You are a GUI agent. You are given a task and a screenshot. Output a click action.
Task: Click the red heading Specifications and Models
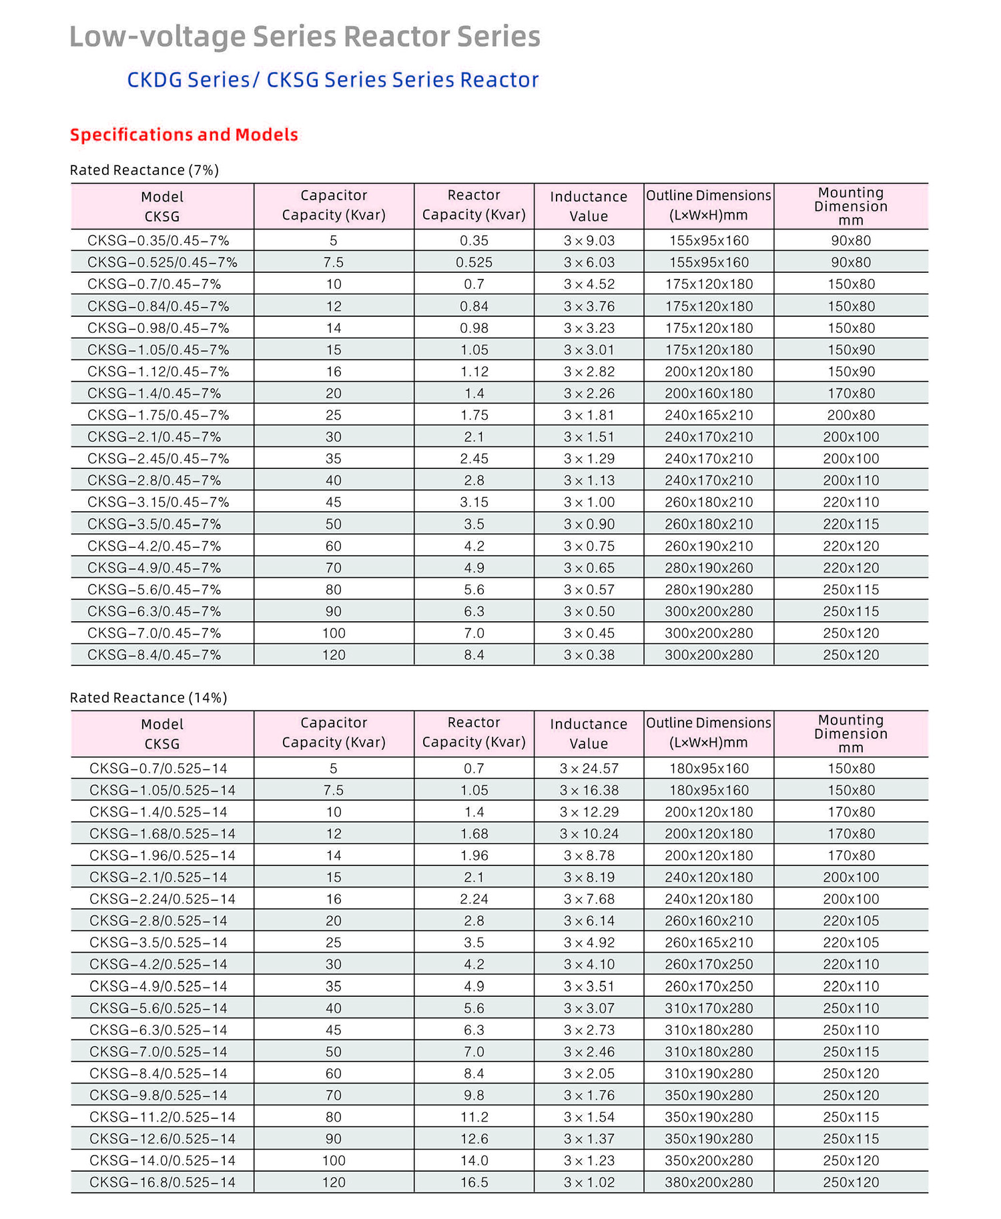pos(184,135)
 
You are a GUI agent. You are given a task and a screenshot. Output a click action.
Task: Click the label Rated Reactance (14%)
pos(148,697)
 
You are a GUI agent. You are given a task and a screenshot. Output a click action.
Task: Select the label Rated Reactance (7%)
pos(144,170)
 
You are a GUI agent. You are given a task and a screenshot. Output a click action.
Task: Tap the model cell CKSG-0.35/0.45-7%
pos(158,240)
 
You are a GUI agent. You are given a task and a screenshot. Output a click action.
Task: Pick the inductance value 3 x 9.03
pos(589,240)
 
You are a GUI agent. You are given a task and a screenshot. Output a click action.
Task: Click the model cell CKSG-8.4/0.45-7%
pos(154,655)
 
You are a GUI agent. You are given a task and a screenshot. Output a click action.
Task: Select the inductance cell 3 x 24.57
pos(589,768)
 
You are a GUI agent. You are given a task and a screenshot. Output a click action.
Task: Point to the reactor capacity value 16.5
pos(474,1182)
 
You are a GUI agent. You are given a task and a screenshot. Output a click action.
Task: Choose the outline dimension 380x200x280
pos(709,1182)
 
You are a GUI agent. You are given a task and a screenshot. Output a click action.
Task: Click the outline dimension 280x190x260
pos(709,568)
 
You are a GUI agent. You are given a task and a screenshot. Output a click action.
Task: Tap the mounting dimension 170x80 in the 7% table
pos(851,393)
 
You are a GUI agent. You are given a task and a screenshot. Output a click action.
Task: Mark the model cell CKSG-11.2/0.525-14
pos(162,1117)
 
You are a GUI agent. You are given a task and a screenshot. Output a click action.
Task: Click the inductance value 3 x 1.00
pos(589,502)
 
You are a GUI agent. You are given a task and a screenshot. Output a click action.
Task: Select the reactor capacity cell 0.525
pos(474,262)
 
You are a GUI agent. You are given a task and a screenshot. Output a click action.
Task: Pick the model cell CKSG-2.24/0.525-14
pos(162,899)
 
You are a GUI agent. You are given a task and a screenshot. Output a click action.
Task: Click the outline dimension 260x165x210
pos(709,942)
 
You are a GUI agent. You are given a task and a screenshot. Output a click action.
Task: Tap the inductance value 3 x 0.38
pos(589,655)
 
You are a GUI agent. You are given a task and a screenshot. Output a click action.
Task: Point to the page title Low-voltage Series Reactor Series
pos(305,37)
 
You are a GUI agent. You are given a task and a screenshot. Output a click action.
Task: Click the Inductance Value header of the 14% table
pos(589,733)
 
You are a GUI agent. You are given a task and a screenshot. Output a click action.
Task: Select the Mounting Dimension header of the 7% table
pos(851,206)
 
